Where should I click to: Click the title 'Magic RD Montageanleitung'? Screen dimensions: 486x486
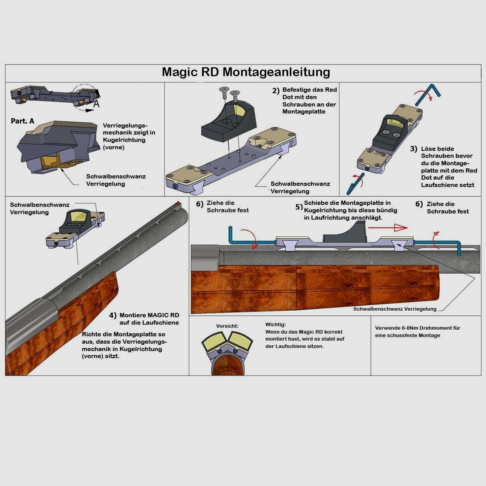pyautogui.click(x=246, y=72)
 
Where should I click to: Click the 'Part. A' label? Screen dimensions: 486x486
pyautogui.click(x=23, y=121)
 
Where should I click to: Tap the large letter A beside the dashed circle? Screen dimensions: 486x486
pyautogui.click(x=96, y=104)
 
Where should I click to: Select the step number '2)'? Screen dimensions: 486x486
pyautogui.click(x=276, y=91)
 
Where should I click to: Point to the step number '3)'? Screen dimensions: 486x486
pyautogui.click(x=413, y=149)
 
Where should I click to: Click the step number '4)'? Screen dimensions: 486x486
pyautogui.click(x=113, y=315)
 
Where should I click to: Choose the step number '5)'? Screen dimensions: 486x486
pyautogui.click(x=299, y=207)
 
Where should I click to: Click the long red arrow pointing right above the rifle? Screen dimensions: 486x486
pyautogui.click(x=388, y=228)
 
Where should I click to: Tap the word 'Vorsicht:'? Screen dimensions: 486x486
pyautogui.click(x=227, y=326)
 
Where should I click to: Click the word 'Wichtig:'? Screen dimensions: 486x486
pyautogui.click(x=275, y=325)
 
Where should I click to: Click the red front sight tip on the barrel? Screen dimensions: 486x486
pyautogui.click(x=178, y=203)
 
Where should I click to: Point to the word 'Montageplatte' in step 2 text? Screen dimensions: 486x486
pyautogui.click(x=304, y=112)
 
